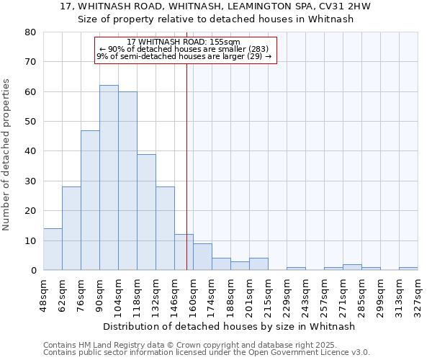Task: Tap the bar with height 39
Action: pyautogui.click(x=146, y=212)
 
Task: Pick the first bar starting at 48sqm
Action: pyautogui.click(x=53, y=249)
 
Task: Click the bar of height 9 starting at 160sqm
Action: pyautogui.click(x=202, y=257)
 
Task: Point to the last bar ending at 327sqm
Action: pyautogui.click(x=408, y=269)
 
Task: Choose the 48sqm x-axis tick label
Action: pyautogui.click(x=44, y=294)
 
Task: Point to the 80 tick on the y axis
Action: pyautogui.click(x=30, y=32)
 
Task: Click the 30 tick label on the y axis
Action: pyautogui.click(x=30, y=181)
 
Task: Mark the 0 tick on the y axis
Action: pyautogui.click(x=32, y=271)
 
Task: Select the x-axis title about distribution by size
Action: pyautogui.click(x=229, y=326)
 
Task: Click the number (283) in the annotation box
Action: pyautogui.click(x=258, y=49)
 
